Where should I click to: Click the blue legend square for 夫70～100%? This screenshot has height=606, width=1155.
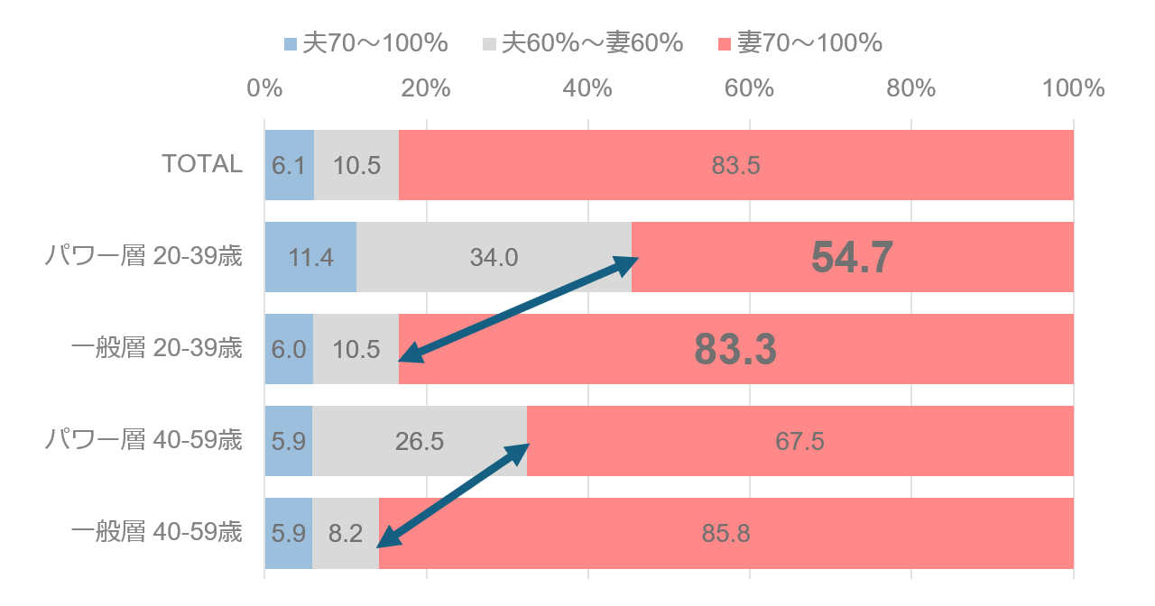click(x=291, y=44)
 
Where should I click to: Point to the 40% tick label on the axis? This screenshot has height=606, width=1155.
click(x=588, y=88)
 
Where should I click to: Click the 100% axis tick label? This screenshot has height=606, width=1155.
click(x=1073, y=88)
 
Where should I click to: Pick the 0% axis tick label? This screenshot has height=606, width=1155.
click(x=264, y=88)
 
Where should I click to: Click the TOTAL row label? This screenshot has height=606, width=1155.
click(x=202, y=164)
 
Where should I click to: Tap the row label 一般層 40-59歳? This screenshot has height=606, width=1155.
click(x=157, y=532)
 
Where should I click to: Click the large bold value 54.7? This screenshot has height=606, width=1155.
click(x=852, y=257)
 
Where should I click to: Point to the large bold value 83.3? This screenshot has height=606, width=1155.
click(x=735, y=350)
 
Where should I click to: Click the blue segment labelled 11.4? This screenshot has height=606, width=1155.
click(x=310, y=257)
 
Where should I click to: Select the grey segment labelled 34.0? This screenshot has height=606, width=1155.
click(x=494, y=257)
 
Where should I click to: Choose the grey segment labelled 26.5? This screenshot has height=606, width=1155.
click(x=420, y=441)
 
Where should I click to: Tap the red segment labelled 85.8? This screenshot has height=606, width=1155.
click(x=725, y=533)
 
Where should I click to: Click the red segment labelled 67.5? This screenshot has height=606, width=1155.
click(x=799, y=441)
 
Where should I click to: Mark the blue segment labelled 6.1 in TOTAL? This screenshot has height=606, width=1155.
click(x=289, y=165)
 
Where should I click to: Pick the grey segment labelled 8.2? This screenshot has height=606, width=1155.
click(x=346, y=533)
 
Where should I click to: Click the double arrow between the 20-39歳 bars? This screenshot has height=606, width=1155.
click(x=518, y=309)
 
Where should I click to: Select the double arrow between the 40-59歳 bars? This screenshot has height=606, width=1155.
click(x=453, y=494)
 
